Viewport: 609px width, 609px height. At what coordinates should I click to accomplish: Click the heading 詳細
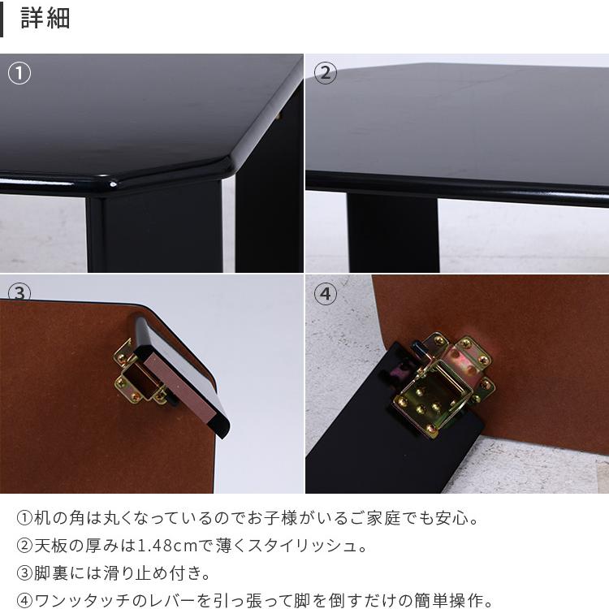(45, 19)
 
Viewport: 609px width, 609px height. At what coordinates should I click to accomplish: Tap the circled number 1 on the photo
(19, 73)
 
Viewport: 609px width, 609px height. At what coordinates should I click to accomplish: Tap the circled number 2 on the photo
(325, 73)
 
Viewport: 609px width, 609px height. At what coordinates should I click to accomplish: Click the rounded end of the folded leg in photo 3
(219, 426)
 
